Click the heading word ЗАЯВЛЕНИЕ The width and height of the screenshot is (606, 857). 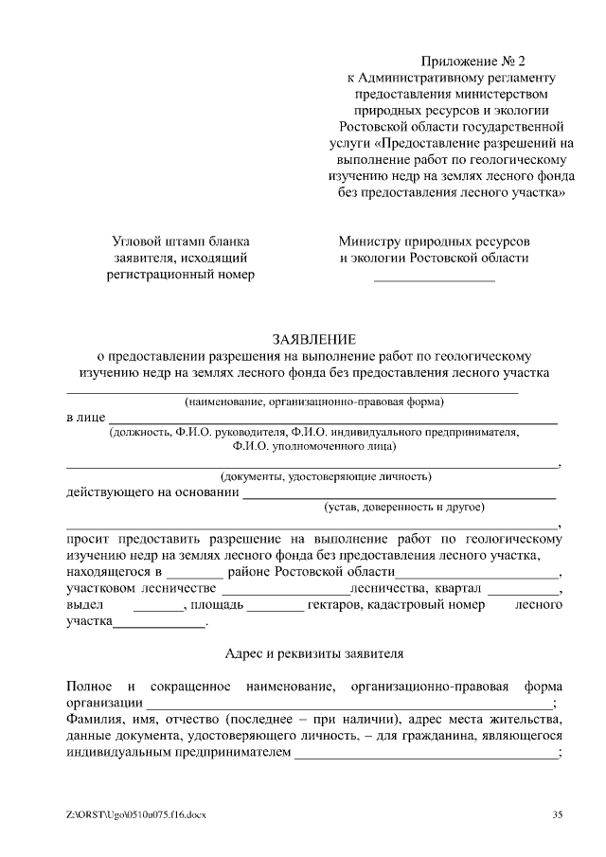[x=313, y=338]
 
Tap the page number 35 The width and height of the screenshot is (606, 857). [x=558, y=814]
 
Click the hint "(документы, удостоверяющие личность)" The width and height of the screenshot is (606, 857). [x=326, y=475]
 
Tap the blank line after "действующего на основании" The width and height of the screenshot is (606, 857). [x=399, y=495]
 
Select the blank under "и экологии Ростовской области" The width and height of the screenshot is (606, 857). [x=435, y=280]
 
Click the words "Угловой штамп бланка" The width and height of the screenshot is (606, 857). [x=181, y=241]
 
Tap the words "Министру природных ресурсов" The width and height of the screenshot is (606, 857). [x=435, y=241]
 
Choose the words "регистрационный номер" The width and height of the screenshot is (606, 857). [x=181, y=275]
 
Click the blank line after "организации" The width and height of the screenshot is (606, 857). [x=347, y=705]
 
